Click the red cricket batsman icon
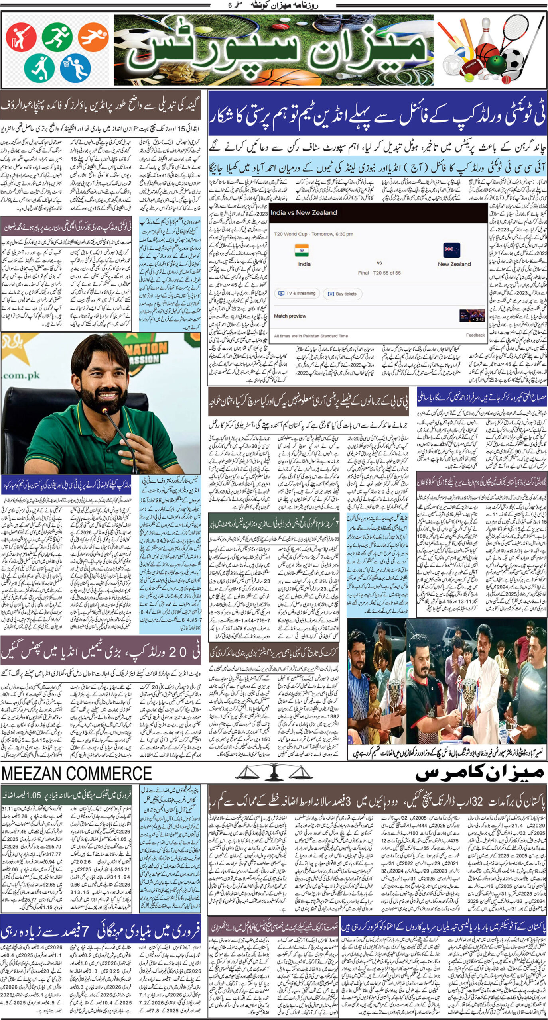pyautogui.click(x=21, y=37)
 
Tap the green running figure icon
pyautogui.click(x=57, y=37)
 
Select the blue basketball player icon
pyautogui.click(x=75, y=67)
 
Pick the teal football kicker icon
pyautogui.click(x=39, y=67)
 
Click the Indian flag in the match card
pyautogui.click(x=302, y=250)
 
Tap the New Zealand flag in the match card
pyautogui.click(x=451, y=251)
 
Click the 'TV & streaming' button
pyautogui.click(x=297, y=294)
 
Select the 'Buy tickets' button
pyautogui.click(x=342, y=294)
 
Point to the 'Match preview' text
pyautogui.click(x=290, y=316)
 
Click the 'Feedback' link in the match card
pyautogui.click(x=475, y=335)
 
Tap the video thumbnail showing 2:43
pyautogui.click(x=472, y=315)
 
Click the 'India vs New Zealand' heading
pyautogui.click(x=304, y=213)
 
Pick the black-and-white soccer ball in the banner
pyautogui.click(x=512, y=61)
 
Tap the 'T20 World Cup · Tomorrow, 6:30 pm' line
pyautogui.click(x=313, y=234)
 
